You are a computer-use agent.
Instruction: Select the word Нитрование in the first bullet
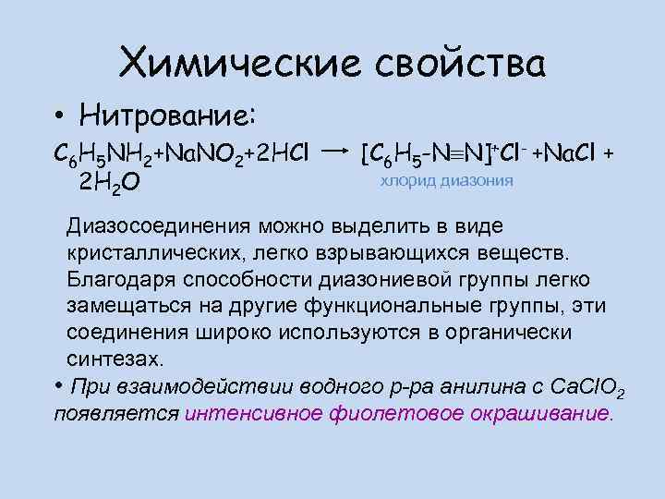[163, 116]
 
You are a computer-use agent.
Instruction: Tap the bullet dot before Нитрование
[58, 117]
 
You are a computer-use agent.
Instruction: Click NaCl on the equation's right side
[566, 152]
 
